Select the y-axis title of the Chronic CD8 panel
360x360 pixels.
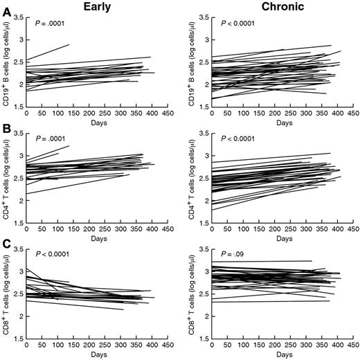[192, 295]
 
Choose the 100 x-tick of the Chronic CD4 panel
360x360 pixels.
[239, 229]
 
